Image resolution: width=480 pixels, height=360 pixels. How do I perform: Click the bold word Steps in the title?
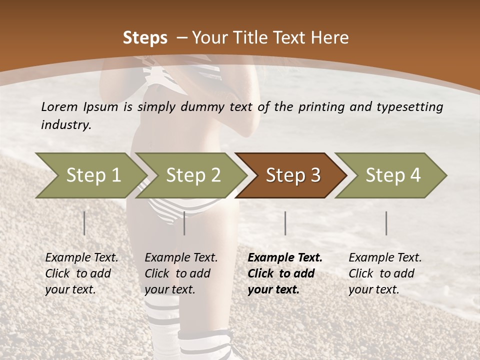[x=145, y=38]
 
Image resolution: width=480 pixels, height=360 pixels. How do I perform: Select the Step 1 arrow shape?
[x=90, y=175]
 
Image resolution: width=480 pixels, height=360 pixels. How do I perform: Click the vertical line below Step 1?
[x=84, y=223]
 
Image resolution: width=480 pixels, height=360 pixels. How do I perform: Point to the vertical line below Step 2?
[x=184, y=223]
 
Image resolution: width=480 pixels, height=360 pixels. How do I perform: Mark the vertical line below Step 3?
[x=285, y=223]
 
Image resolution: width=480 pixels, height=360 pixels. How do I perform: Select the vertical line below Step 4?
[x=386, y=223]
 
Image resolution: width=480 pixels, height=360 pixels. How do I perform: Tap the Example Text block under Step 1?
[x=81, y=273]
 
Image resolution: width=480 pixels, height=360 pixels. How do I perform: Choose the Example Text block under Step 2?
[x=181, y=273]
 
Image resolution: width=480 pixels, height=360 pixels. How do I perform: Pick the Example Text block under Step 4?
[x=385, y=273]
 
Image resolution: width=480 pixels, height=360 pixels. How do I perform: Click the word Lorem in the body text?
[x=59, y=106]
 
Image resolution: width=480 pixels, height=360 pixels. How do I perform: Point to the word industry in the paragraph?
[x=65, y=124]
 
